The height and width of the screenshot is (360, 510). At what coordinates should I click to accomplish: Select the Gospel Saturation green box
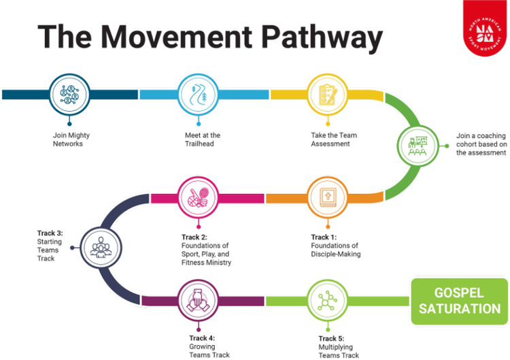460,301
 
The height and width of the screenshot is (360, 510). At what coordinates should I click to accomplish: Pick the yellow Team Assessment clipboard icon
327,93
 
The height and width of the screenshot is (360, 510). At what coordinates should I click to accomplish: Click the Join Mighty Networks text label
71,140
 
